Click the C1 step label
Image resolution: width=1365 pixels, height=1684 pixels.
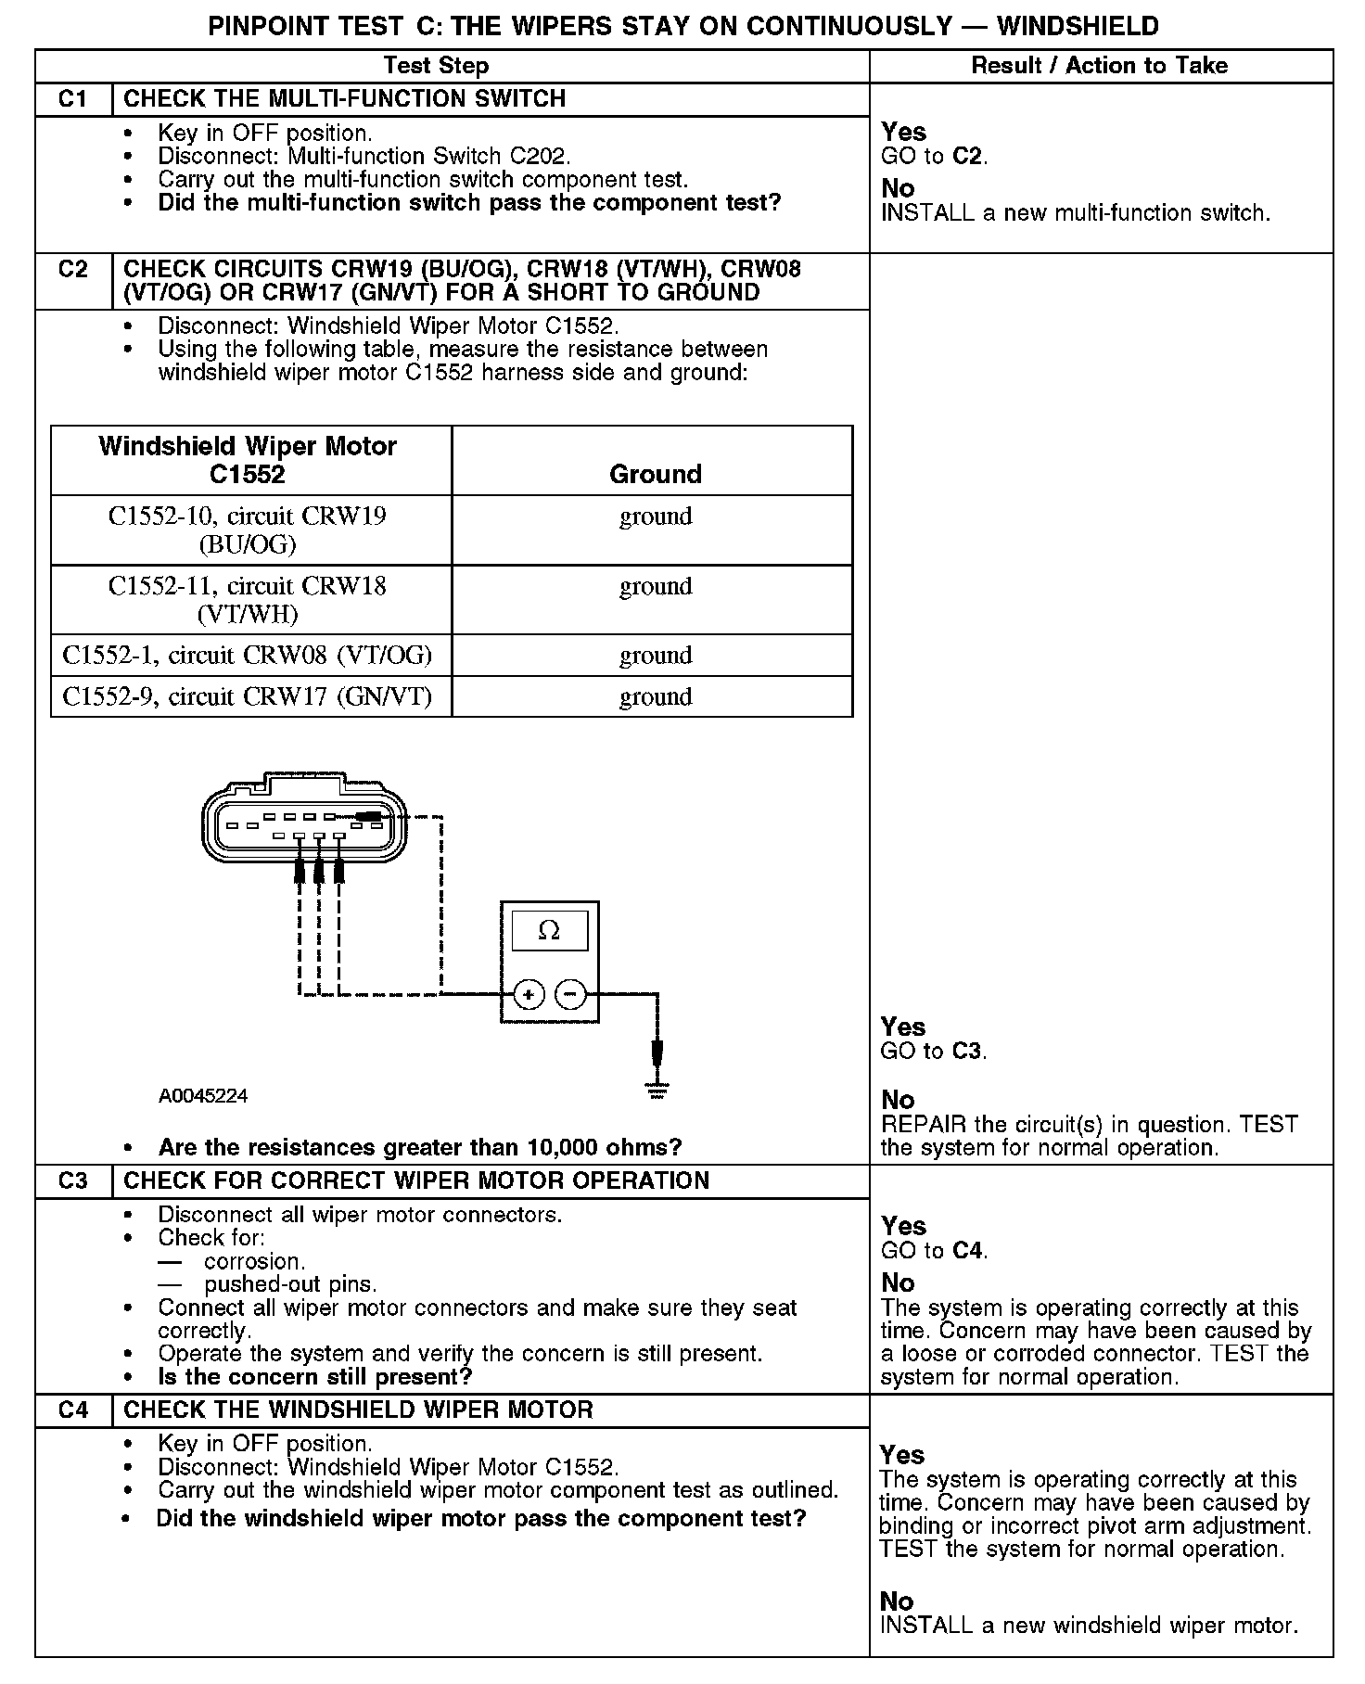72,99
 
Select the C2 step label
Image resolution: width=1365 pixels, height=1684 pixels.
72,270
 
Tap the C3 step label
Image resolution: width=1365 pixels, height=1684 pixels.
72,1181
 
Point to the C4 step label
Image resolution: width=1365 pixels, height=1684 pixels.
72,1410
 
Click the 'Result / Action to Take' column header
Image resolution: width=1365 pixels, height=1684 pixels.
1099,66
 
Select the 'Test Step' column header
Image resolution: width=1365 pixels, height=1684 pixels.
436,66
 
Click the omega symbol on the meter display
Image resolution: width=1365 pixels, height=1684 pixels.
549,930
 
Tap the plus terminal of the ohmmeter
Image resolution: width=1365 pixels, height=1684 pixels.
529,996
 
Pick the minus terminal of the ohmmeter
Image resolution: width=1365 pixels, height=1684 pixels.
570,996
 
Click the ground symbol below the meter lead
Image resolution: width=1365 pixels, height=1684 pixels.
657,1091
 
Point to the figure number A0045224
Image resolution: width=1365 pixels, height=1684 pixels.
203,1096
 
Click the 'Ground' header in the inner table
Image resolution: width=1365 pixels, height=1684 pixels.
655,474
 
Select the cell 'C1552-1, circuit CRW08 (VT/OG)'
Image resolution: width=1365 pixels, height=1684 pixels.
248,656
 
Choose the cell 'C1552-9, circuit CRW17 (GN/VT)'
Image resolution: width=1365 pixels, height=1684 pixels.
248,696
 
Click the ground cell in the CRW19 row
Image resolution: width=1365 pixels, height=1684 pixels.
656,517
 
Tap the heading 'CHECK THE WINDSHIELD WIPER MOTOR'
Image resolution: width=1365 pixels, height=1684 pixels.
358,1410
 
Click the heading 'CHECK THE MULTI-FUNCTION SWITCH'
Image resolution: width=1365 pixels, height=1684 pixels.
344,99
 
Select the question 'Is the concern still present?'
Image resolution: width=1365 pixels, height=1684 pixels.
315,1377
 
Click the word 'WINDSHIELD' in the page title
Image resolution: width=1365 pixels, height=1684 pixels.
1078,26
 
